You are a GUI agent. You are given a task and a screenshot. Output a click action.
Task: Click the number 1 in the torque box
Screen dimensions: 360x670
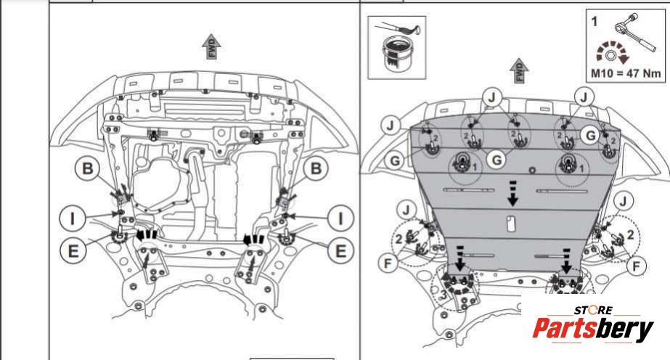click(595, 22)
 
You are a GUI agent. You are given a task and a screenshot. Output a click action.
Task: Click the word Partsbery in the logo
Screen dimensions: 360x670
click(593, 330)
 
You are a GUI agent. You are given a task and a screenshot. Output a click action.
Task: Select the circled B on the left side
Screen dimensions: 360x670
click(87, 169)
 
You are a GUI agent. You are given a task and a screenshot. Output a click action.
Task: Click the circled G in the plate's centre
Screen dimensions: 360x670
click(496, 159)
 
